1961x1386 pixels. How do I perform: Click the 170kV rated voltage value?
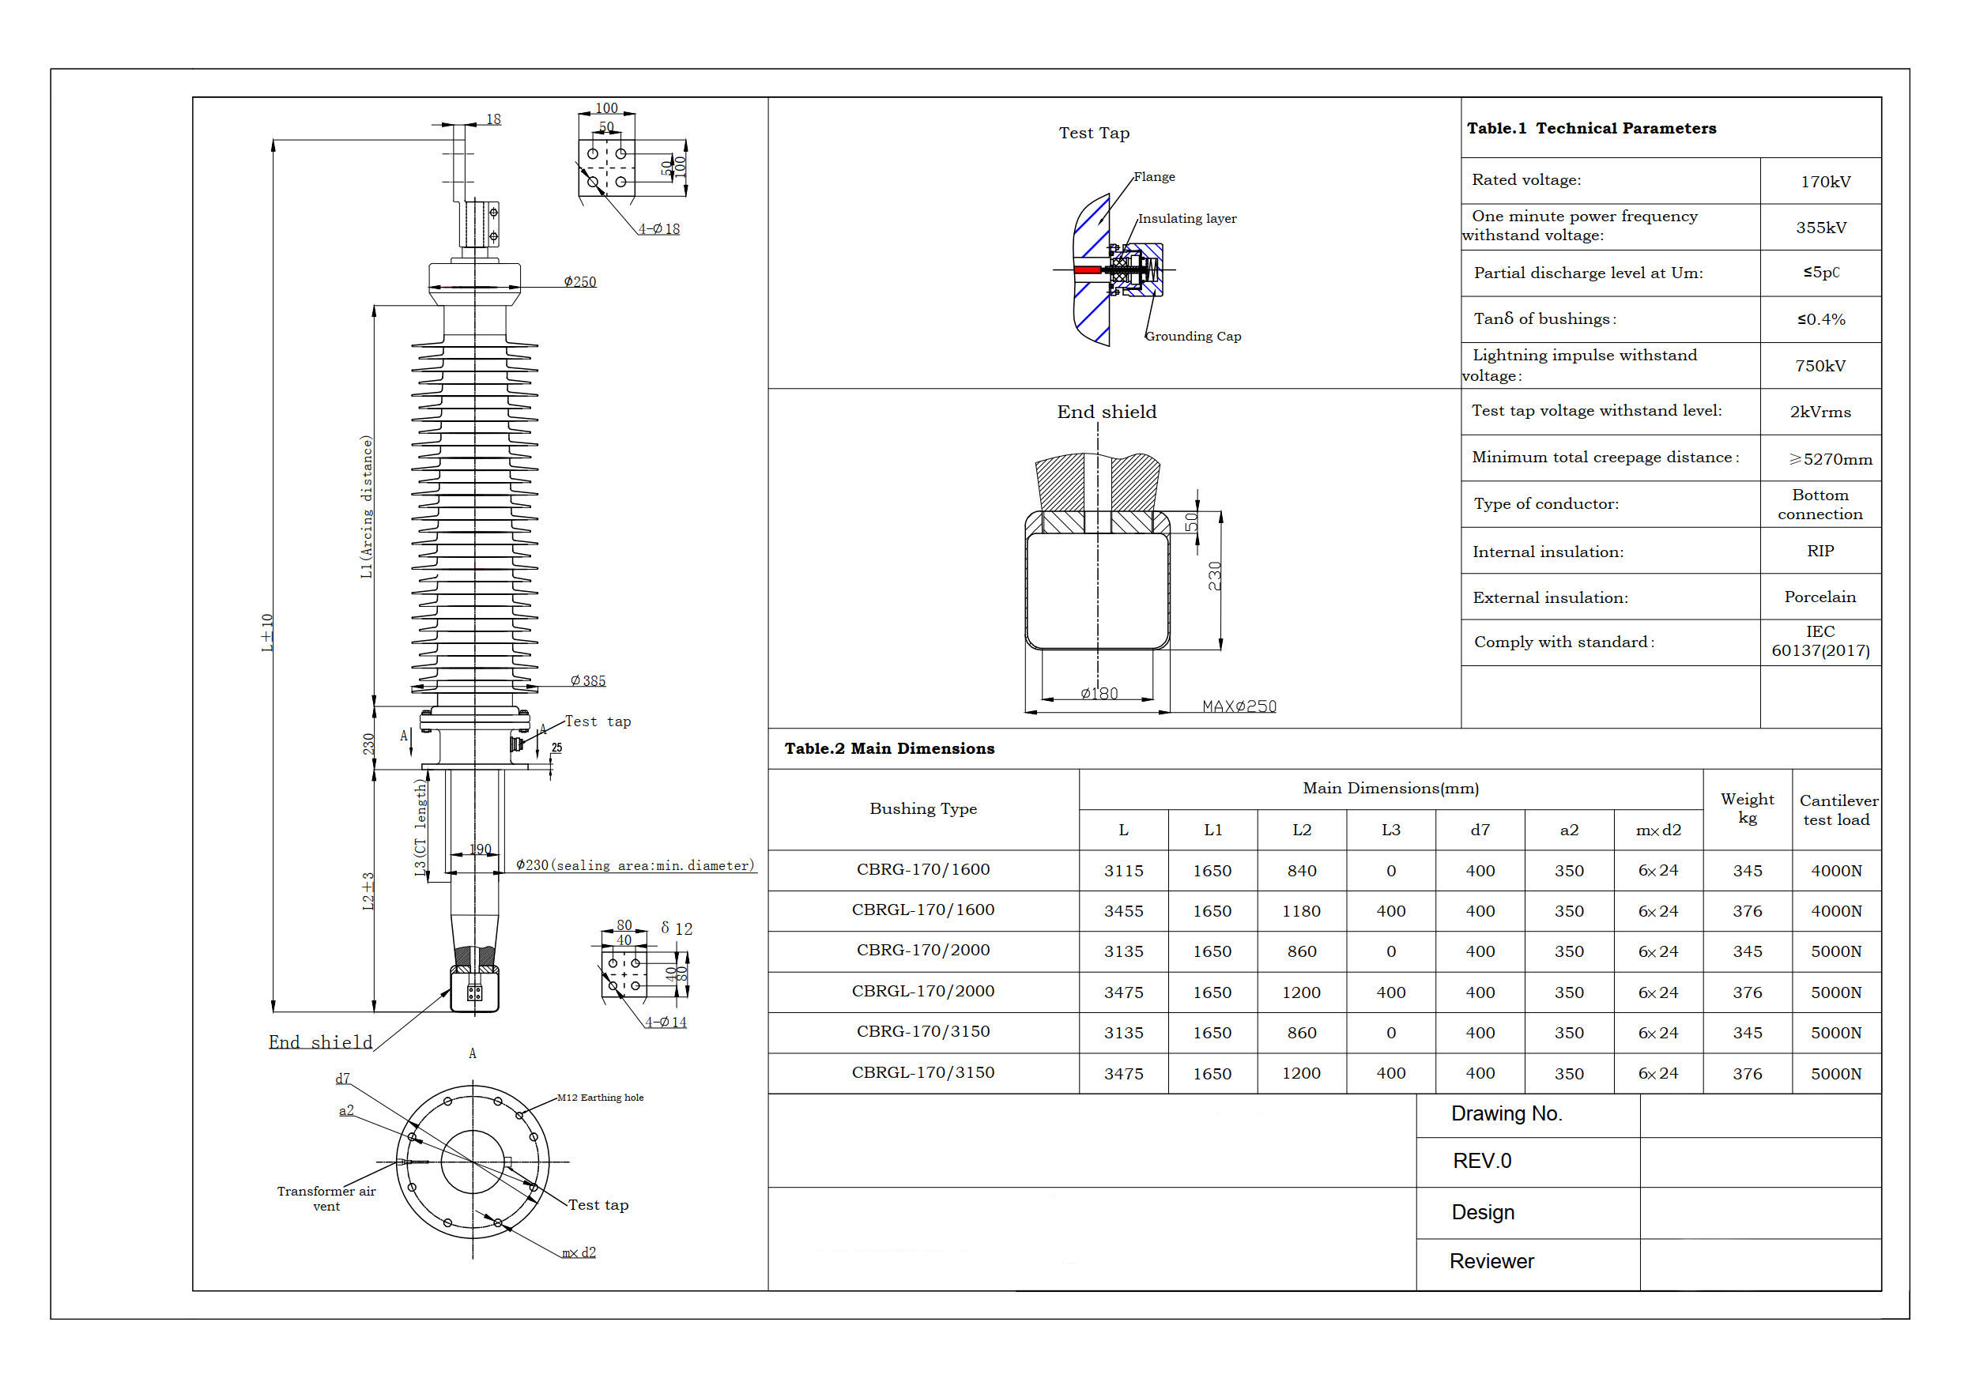(1825, 182)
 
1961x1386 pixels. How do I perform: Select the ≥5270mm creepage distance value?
(1831, 459)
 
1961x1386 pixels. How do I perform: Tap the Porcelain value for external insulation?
(1820, 597)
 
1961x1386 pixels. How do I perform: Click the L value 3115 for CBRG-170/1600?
(1123, 871)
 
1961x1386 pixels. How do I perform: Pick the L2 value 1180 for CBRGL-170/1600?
(1301, 911)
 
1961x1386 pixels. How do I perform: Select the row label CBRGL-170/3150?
(922, 1072)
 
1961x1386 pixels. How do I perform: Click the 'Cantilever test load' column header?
(1837, 810)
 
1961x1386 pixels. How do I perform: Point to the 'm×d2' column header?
(1657, 830)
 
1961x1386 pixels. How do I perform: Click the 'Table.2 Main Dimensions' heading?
(889, 749)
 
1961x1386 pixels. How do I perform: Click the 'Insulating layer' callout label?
(1186, 219)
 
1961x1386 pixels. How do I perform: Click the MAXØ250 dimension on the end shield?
(1239, 706)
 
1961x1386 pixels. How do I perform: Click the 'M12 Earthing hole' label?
(600, 1098)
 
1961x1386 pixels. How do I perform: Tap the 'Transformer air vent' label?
(326, 1198)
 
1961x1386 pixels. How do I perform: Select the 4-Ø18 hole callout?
(658, 229)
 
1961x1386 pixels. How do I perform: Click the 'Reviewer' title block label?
(1491, 1261)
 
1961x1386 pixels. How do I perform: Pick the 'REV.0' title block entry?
(1482, 1162)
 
